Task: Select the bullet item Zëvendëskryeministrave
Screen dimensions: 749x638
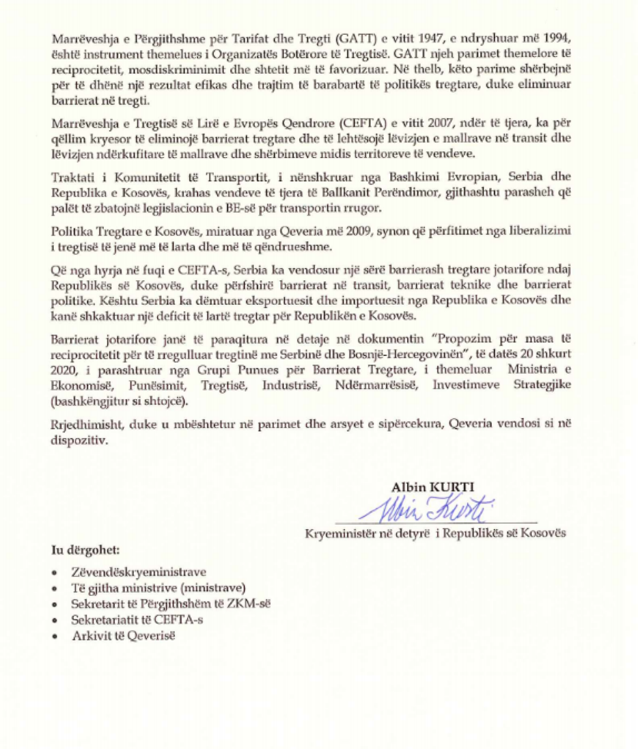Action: tap(139, 572)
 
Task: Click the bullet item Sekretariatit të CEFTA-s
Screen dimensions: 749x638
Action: tap(137, 619)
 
